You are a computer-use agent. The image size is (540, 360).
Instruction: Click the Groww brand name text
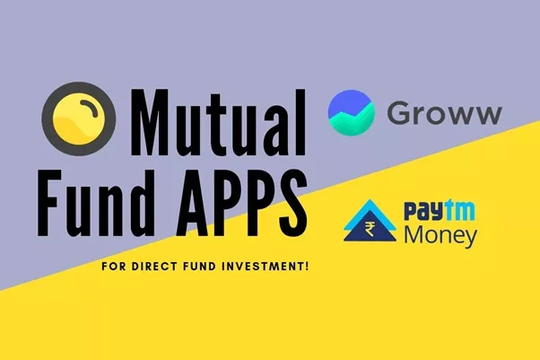pos(444,115)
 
